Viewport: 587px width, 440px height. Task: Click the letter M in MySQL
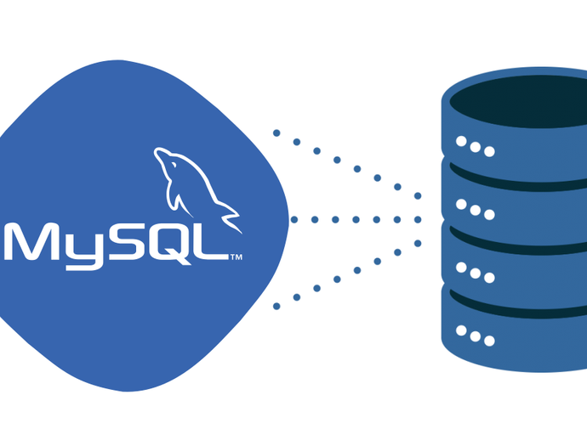tap(31, 241)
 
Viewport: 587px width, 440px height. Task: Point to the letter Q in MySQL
tap(170, 244)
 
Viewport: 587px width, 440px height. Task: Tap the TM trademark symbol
tap(237, 257)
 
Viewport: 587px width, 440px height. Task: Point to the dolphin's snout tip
tap(156, 151)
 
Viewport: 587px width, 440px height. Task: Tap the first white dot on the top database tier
tap(461, 141)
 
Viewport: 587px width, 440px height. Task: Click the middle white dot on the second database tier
tap(476, 210)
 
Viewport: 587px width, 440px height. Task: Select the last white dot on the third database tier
tap(489, 278)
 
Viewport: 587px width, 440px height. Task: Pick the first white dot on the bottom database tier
tap(461, 330)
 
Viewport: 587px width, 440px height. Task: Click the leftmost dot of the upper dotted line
tap(276, 133)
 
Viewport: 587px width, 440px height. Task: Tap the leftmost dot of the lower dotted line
tap(276, 307)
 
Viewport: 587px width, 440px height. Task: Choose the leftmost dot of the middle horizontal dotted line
tap(293, 220)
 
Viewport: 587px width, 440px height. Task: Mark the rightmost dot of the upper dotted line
tap(418, 196)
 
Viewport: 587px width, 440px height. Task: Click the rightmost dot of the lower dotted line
tap(418, 244)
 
